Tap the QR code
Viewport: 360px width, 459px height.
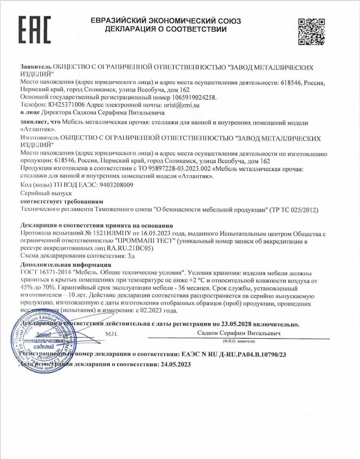[x=310, y=30]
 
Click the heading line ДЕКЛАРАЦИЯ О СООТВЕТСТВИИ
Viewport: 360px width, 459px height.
[x=166, y=29]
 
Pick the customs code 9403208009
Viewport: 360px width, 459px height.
[x=109, y=185]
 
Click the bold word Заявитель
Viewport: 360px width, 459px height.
[x=36, y=67]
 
